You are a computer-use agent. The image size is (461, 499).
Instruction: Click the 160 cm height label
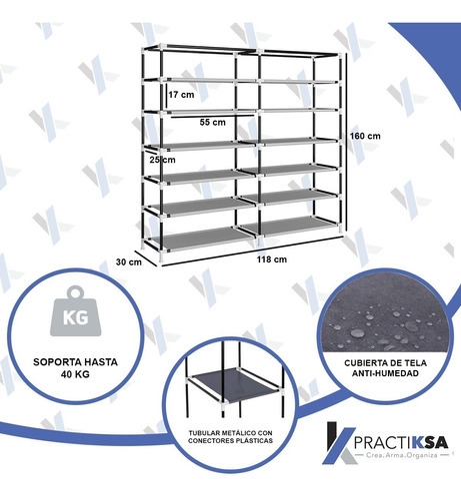(365, 136)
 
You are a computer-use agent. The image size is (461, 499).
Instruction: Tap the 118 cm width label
(272, 259)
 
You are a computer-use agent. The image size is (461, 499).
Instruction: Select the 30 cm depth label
(129, 261)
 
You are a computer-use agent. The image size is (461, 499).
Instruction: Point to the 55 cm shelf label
(213, 122)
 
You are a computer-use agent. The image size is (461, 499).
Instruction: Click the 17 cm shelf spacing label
(181, 95)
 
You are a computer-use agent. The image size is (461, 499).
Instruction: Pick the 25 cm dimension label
(162, 160)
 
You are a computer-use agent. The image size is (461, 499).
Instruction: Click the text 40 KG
(75, 374)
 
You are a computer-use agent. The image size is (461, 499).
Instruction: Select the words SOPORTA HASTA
(75, 362)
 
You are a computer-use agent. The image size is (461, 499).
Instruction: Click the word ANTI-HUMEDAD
(385, 373)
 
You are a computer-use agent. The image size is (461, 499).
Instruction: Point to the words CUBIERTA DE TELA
(385, 363)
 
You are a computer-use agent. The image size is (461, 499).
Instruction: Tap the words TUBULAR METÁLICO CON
(230, 433)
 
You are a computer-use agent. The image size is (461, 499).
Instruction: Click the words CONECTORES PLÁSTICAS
(230, 441)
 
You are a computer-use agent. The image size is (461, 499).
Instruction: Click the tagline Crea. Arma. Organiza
(401, 455)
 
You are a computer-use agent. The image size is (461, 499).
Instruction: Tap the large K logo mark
(338, 444)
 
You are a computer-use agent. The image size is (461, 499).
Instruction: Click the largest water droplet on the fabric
(357, 332)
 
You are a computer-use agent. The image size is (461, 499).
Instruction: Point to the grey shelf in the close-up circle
(232, 384)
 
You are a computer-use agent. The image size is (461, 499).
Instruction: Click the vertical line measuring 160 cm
(346, 145)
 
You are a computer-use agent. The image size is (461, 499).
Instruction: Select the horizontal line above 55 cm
(213, 116)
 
